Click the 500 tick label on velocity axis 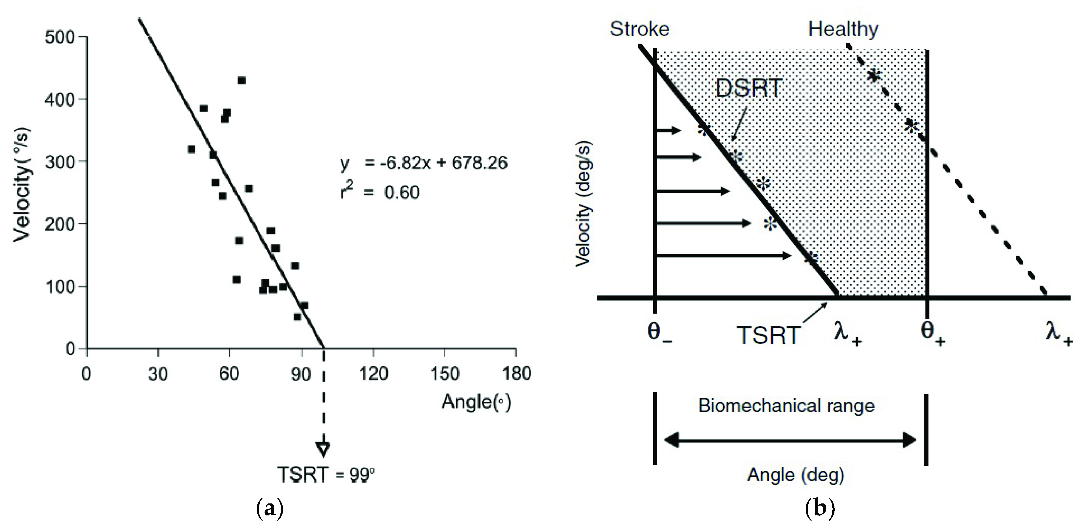59,37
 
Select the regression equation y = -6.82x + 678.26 424,163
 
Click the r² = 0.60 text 380,192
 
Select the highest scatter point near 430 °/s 241,80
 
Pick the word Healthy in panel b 843,29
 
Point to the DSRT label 749,89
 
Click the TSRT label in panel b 769,335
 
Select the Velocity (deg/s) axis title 584,204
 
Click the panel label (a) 270,509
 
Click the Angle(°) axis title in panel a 476,402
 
